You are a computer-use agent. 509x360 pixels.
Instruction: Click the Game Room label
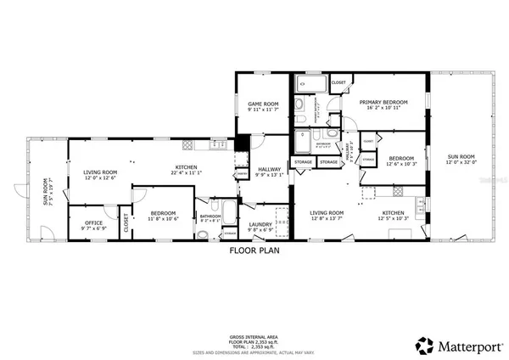click(x=252, y=105)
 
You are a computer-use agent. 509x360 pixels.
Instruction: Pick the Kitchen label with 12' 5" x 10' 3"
click(x=392, y=212)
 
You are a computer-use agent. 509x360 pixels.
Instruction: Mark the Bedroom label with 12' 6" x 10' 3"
click(x=401, y=158)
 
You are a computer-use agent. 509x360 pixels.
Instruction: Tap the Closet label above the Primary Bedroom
click(x=338, y=82)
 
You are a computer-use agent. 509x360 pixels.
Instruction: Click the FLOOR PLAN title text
click(x=254, y=251)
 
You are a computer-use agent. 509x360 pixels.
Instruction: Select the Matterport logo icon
click(x=422, y=345)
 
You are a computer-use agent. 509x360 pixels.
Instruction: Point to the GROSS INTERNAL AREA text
click(x=255, y=337)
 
